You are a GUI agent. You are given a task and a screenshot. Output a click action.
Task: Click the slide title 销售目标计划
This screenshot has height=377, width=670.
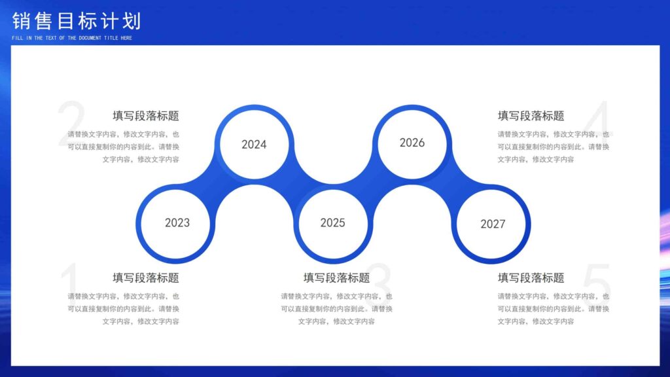click(x=77, y=21)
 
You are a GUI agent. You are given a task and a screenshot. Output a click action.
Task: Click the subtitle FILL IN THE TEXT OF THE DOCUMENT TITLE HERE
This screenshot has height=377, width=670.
click(x=72, y=38)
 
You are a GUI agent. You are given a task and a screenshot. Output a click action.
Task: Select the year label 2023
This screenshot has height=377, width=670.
click(x=177, y=223)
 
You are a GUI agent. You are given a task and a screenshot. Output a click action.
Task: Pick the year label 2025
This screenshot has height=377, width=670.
click(x=332, y=223)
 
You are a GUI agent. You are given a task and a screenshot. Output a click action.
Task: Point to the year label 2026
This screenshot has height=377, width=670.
click(x=412, y=143)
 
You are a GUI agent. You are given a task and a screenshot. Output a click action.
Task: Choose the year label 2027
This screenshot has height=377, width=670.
click(x=493, y=224)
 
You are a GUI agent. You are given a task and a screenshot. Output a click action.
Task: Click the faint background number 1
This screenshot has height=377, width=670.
click(x=69, y=283)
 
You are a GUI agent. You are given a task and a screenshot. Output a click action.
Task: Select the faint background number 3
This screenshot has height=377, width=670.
click(x=381, y=283)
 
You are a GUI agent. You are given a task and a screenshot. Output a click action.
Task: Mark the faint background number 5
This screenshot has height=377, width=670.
click(x=596, y=283)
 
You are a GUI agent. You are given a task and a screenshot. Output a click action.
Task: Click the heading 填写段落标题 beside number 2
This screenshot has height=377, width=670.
click(x=146, y=116)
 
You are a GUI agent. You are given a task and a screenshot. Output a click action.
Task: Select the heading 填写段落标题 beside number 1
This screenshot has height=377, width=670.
click(x=146, y=278)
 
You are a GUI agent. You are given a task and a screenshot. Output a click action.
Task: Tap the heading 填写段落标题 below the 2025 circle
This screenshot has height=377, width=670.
click(x=336, y=278)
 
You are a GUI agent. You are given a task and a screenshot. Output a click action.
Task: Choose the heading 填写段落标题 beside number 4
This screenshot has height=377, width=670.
click(x=531, y=116)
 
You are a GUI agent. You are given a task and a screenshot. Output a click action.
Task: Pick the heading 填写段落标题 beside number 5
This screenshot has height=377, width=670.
click(x=531, y=278)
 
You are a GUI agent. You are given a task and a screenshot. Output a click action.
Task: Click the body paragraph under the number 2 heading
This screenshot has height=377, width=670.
click(x=124, y=147)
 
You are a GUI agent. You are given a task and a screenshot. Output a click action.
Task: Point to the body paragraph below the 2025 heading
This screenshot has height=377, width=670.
click(x=336, y=308)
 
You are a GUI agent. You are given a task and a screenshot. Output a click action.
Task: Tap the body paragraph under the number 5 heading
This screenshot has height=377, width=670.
click(x=553, y=308)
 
